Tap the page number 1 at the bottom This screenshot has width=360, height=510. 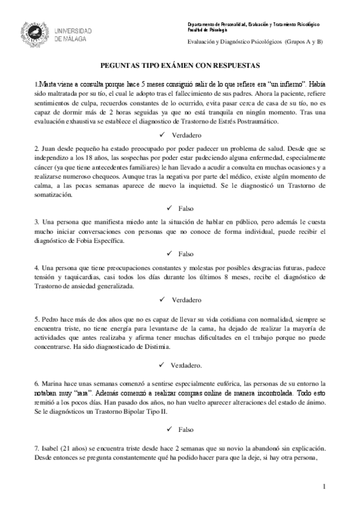coord(325,485)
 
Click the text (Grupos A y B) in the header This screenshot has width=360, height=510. coord(304,41)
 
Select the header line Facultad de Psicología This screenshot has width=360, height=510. coord(207,29)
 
